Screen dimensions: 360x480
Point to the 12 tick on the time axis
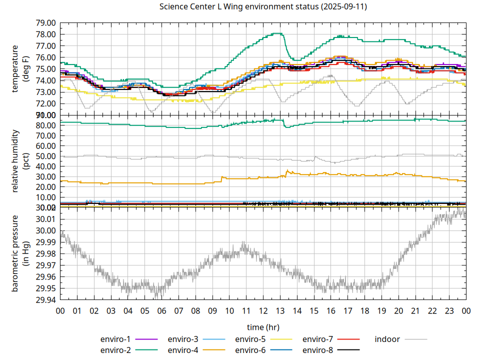click(x=263, y=310)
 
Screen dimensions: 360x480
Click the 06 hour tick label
click(x=161, y=310)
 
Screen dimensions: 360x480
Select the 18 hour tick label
click(x=364, y=310)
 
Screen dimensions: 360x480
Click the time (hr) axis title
click(x=263, y=327)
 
